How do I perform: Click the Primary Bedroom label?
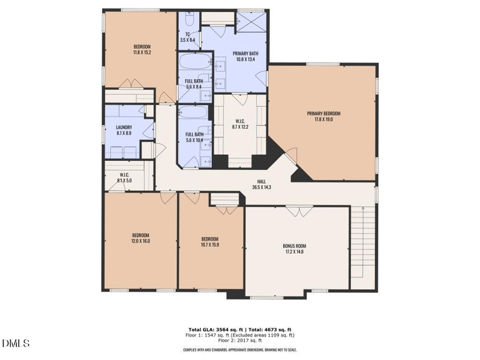click(x=323, y=116)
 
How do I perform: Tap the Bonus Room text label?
click(x=294, y=249)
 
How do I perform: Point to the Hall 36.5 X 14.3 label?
click(x=262, y=184)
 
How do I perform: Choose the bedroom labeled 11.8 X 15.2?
click(x=142, y=50)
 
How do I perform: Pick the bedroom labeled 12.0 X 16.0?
click(x=140, y=238)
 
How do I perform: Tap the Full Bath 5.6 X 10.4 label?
click(x=193, y=136)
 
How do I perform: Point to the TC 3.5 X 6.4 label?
click(x=188, y=37)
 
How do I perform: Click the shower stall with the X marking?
click(x=251, y=22)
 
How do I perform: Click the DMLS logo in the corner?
click(x=16, y=343)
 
